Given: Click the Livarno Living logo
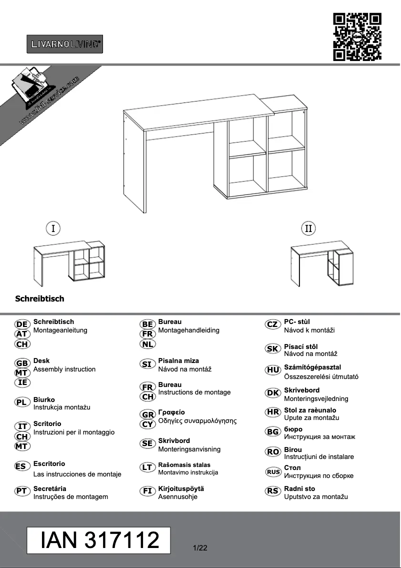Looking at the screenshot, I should pos(64,44).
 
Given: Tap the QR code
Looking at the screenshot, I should pos(357,37).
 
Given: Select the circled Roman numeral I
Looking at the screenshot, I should pos(53,228).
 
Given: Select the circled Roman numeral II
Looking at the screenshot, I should pos(308,228).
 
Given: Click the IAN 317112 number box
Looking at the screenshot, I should pos(99,540).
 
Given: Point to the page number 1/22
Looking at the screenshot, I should pos(200,548).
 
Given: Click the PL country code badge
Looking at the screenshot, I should pos(22,402).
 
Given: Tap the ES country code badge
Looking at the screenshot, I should pos(22,466).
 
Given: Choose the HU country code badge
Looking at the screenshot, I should pos(273,370).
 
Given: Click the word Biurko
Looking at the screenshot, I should pos(44,399).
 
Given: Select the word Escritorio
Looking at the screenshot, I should pos(49,463).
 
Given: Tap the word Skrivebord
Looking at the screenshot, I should pos(301,390).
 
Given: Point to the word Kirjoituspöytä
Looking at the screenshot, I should pos(181,488).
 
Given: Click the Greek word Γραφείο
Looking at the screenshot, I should pos(171,412).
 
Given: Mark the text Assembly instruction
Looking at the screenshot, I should pos(64,369).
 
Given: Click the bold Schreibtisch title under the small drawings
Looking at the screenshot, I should pos(39,299).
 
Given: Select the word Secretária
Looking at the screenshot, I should pos(49,488).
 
